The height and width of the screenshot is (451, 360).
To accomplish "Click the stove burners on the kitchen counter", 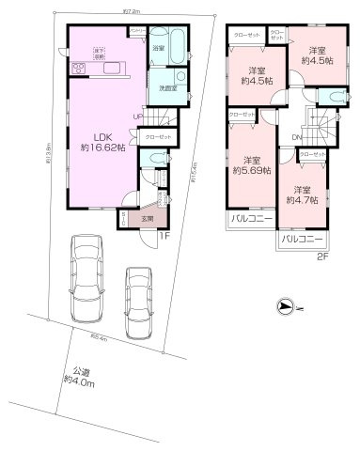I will pyautogui.click(x=77, y=69).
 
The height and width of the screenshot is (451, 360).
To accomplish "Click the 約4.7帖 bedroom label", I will pyautogui.click(x=301, y=194).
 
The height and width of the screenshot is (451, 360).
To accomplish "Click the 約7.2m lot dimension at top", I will pyautogui.click(x=132, y=11).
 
